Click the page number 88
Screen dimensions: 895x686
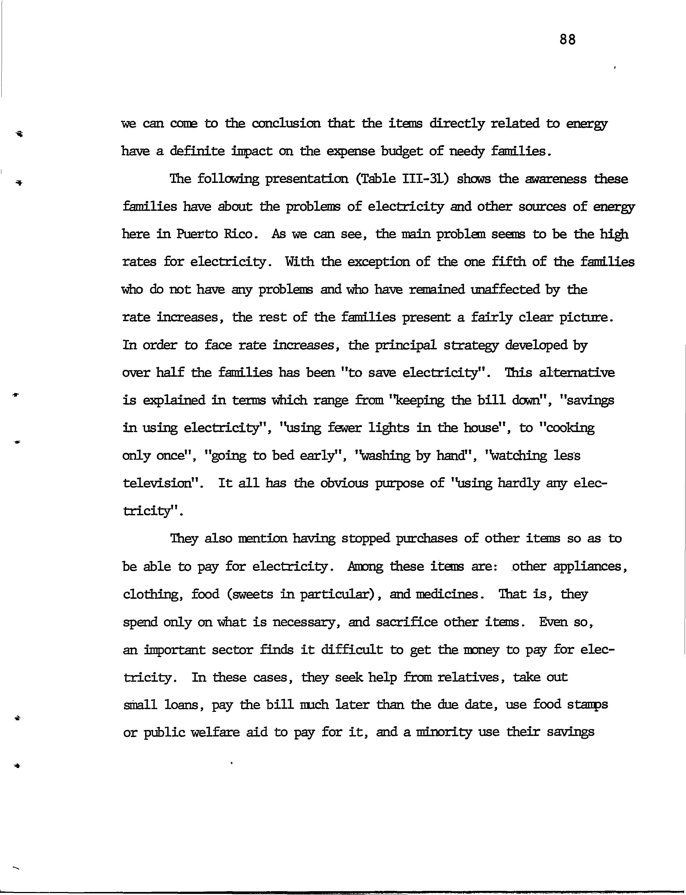point(567,40)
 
